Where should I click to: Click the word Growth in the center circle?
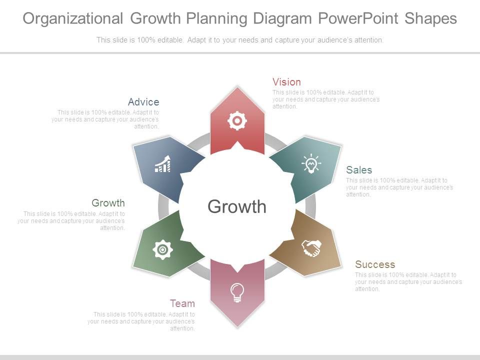point(237,206)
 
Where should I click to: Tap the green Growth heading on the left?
point(108,203)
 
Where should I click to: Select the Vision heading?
point(286,82)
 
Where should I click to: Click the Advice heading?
point(143,102)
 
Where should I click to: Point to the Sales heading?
point(359,170)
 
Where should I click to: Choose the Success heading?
point(375,264)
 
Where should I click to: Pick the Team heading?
point(182,303)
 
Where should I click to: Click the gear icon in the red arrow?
point(237,121)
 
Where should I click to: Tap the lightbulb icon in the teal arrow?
point(311,163)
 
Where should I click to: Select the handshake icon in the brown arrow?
point(311,248)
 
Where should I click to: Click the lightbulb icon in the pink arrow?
point(237,292)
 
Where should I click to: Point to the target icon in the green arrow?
point(162,249)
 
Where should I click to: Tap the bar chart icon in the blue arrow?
point(162,164)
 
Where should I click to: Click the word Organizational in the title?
point(73,18)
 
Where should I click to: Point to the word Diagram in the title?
point(283,18)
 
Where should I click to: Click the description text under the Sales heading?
point(399,187)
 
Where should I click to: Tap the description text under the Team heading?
point(141,321)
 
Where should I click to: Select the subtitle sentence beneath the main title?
point(240,40)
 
